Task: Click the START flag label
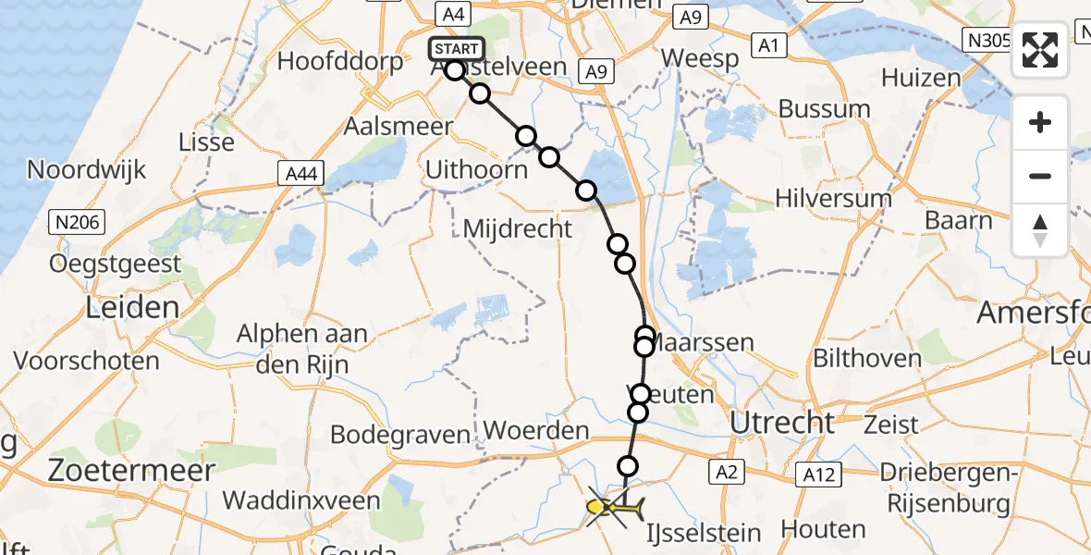click(x=456, y=49)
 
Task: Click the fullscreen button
click(x=1040, y=50)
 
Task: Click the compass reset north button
click(x=1040, y=230)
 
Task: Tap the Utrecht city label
click(x=782, y=423)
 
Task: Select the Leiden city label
click(x=131, y=308)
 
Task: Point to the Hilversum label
click(x=833, y=197)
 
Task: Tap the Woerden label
click(x=536, y=430)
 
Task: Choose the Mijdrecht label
click(x=517, y=228)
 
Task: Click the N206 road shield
click(x=78, y=222)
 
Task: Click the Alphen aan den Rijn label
click(x=302, y=349)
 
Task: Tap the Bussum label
click(x=824, y=108)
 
